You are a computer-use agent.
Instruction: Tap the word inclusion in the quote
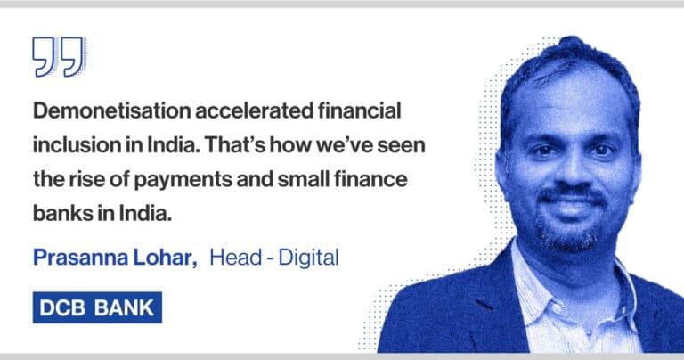pos(76,145)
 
